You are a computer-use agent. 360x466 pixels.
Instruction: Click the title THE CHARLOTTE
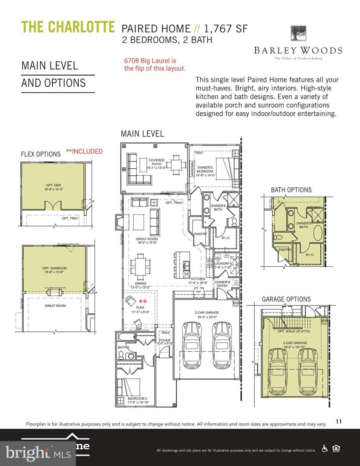point(68,27)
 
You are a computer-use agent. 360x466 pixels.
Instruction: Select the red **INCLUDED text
point(84,151)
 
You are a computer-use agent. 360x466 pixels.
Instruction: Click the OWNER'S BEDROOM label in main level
point(205,169)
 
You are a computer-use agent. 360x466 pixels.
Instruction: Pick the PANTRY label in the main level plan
point(201,234)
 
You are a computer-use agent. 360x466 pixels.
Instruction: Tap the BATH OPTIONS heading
point(291,190)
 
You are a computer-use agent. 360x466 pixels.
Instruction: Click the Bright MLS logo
point(28,452)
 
